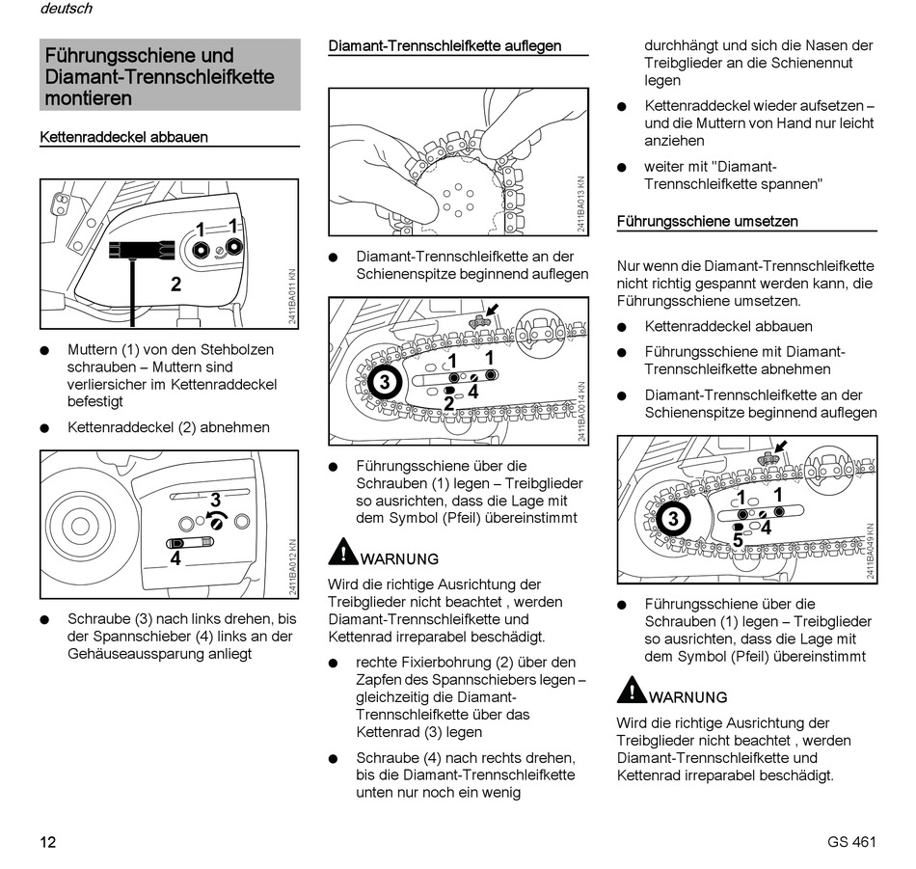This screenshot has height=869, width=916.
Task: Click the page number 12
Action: pos(48,842)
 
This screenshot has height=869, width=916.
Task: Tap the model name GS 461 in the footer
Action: pos(851,842)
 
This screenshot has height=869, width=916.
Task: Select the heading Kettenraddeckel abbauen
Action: pos(123,137)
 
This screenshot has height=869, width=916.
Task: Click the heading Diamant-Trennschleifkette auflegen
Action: pos(445,45)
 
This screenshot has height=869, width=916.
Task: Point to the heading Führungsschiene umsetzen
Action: pos(708,221)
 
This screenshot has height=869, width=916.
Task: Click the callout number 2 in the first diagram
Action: pos(175,284)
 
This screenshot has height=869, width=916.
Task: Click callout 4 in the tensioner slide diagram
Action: pos(175,557)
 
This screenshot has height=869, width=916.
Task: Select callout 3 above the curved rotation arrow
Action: pos(216,500)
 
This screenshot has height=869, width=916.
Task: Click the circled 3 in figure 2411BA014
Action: pos(385,383)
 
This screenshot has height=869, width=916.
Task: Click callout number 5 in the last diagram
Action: pos(738,542)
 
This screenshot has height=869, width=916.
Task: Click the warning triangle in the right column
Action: pos(632,691)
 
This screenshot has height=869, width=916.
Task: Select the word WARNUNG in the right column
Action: pos(688,697)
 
